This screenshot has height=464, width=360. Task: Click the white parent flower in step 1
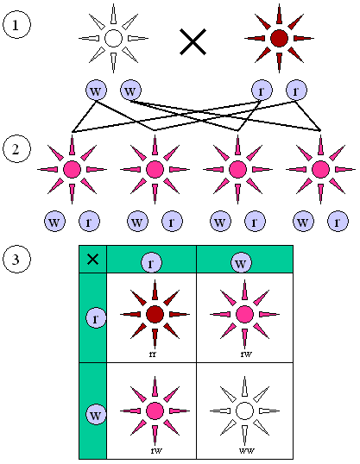pos(112,38)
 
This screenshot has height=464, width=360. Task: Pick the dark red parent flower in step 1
pos(278,38)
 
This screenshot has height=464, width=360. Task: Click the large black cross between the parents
pos(192,41)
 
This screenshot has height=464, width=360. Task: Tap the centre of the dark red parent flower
pos(278,38)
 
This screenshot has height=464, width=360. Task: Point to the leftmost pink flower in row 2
pos(72,168)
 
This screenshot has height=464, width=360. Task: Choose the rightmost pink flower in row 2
pos(321,168)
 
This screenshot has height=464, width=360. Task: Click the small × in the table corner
pos(92,259)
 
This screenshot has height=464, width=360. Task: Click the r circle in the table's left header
pos(96,318)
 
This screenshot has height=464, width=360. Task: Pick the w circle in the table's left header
pos(96,415)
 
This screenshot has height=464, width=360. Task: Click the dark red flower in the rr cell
pos(155,314)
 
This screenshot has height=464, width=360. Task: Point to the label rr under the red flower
pos(153,353)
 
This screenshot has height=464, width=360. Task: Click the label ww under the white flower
pos(244,449)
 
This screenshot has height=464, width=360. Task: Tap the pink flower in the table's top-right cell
pos(244,314)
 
